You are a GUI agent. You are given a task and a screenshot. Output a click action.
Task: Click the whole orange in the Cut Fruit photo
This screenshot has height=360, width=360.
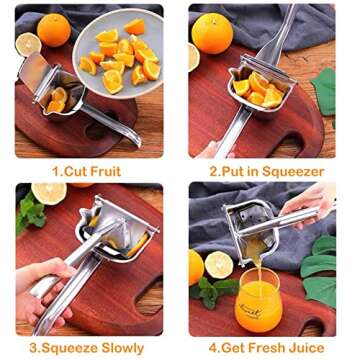tap(54, 29)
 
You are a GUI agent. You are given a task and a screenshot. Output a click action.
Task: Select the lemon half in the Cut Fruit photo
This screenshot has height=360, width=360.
tap(27, 43)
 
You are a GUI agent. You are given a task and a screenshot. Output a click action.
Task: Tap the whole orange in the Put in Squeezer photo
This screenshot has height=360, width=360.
tap(212, 31)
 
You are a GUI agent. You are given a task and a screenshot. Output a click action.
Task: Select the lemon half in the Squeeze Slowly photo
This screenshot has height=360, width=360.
tap(48, 192)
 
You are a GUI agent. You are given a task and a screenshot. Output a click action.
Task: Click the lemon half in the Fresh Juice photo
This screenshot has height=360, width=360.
tap(218, 265)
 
